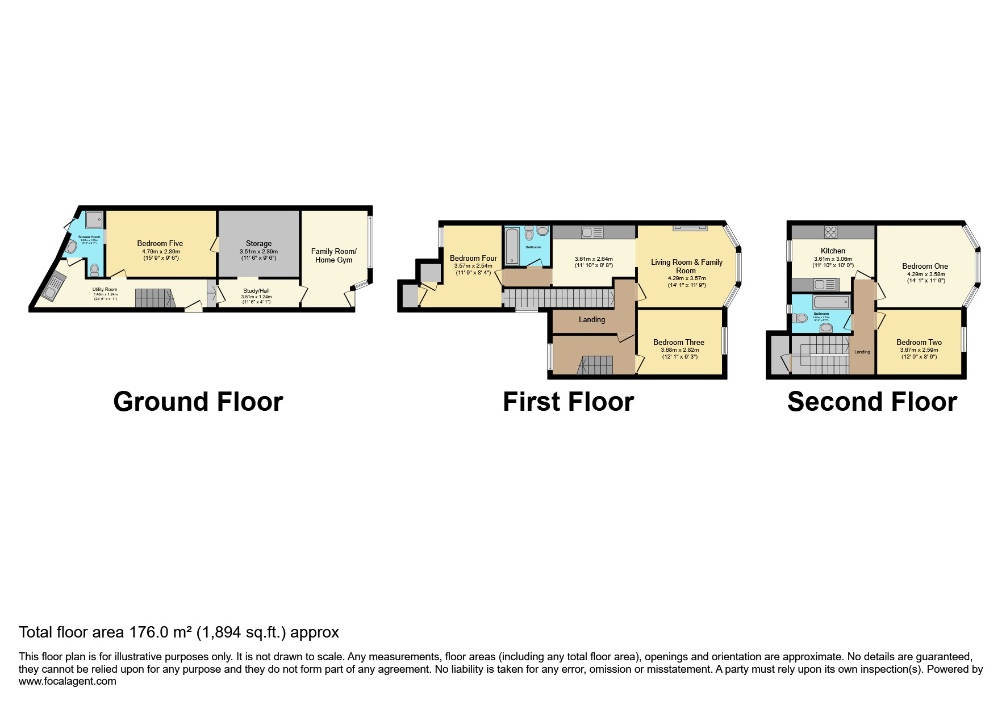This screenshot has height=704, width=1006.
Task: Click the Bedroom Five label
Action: pos(160,243)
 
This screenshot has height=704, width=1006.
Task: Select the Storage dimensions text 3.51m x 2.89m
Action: pos(258,251)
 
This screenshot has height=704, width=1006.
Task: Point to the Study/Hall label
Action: pos(256,290)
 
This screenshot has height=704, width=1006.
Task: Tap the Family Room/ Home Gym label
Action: pos(333,256)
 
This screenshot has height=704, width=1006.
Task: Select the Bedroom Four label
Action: pos(473,258)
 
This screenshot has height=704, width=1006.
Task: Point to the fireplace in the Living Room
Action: pos(690,227)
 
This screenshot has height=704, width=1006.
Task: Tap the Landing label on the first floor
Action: pos(592,319)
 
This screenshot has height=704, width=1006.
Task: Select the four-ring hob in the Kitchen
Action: pos(830,232)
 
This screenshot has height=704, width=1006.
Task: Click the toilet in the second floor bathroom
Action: pos(801,318)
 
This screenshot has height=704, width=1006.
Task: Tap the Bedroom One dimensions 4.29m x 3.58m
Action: pos(926,274)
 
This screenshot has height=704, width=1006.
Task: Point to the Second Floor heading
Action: pos(872,402)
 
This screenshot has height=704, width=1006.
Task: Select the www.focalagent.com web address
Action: pos(67,681)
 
